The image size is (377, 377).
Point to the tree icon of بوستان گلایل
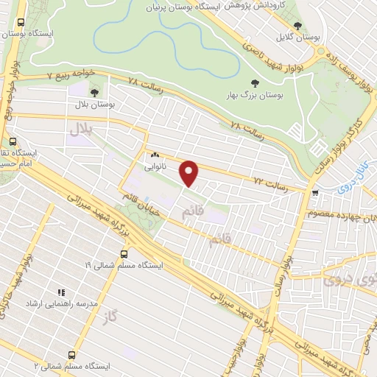(x=297, y=27)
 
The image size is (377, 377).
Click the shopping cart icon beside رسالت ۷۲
(x=315, y=193)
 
